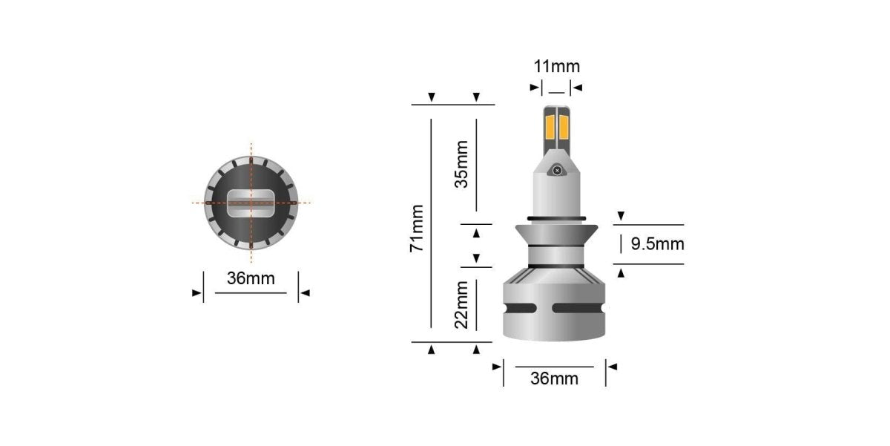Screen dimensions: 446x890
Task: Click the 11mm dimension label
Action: point(556,65)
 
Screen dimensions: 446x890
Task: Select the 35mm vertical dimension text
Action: point(461,164)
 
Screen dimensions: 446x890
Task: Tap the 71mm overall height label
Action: point(418,228)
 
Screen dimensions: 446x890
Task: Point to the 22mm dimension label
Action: point(461,304)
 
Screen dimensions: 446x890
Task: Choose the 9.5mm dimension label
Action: point(657,243)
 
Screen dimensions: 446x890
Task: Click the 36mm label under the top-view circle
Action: point(251,279)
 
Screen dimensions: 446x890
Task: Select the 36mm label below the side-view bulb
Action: point(555,378)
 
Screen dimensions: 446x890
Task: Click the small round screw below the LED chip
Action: point(556,171)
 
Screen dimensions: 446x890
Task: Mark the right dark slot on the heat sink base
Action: point(584,308)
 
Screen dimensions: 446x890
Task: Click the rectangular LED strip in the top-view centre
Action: point(251,202)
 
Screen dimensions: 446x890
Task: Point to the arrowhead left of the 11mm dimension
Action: point(534,88)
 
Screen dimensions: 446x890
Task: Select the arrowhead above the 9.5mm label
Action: point(621,216)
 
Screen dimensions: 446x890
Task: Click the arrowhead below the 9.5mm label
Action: point(621,273)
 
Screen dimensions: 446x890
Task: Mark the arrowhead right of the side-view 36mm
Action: point(613,367)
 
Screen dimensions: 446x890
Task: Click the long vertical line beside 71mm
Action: point(431,223)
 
